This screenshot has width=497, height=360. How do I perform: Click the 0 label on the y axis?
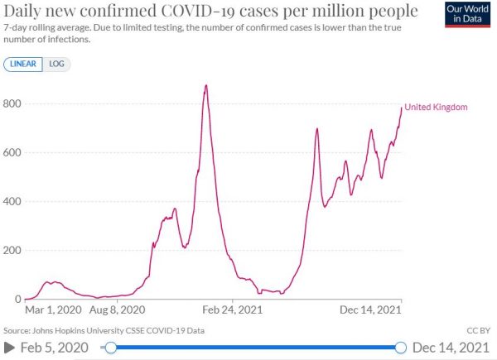17,299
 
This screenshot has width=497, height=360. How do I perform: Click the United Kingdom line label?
436,108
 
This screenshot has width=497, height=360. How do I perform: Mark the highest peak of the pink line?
206,85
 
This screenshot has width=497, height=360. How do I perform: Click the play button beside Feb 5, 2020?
9,348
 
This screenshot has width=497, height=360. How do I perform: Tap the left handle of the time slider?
110,348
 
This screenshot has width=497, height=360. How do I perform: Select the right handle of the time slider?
402,348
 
